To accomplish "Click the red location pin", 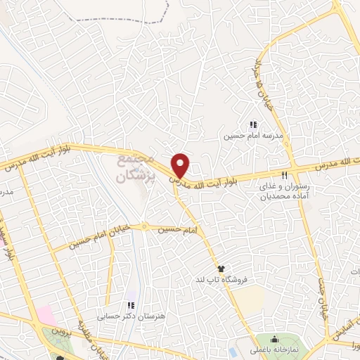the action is pyautogui.click(x=181, y=165).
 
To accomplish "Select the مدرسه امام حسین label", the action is pyautogui.click(x=252, y=136).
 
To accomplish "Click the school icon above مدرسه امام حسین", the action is pyautogui.click(x=253, y=124).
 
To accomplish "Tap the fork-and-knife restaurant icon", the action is pyautogui.click(x=285, y=174).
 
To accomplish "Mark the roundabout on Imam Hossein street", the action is pyautogui.click(x=144, y=227).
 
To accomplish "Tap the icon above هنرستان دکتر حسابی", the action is pyautogui.click(x=131, y=306).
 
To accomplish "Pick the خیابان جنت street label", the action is pyautogui.click(x=324, y=298).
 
